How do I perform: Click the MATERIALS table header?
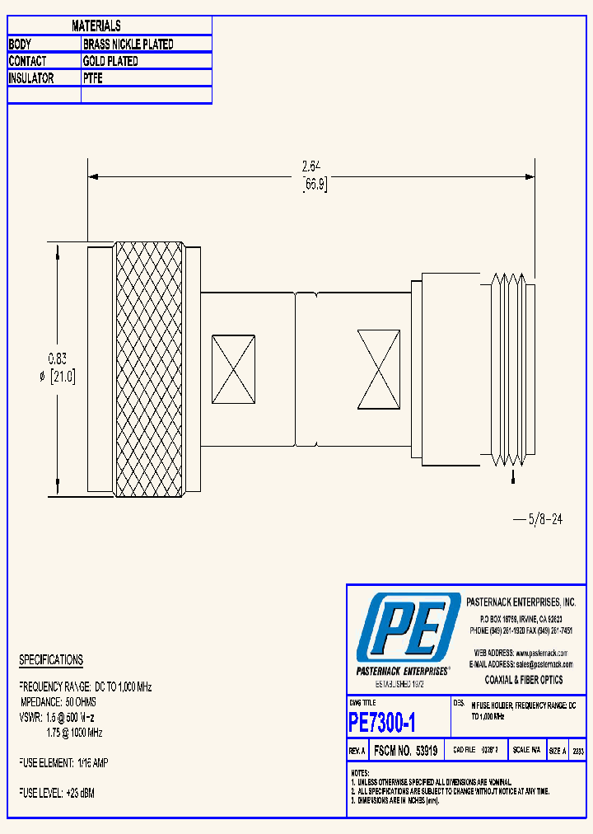[96, 26]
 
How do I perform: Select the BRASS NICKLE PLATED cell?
[128, 45]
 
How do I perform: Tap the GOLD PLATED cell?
[110, 61]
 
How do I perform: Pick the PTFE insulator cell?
[93, 78]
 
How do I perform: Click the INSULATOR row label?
[31, 78]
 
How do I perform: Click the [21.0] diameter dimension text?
[63, 377]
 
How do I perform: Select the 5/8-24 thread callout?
[539, 520]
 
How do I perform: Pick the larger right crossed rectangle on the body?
[379, 368]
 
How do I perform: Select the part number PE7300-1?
[382, 723]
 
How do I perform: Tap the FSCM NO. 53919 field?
[406, 752]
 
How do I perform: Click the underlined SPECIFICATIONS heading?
[51, 660]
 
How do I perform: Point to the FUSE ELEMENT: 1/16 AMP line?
[63, 764]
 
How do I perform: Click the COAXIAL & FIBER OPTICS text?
[523, 680]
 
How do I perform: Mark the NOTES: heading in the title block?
[360, 773]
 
